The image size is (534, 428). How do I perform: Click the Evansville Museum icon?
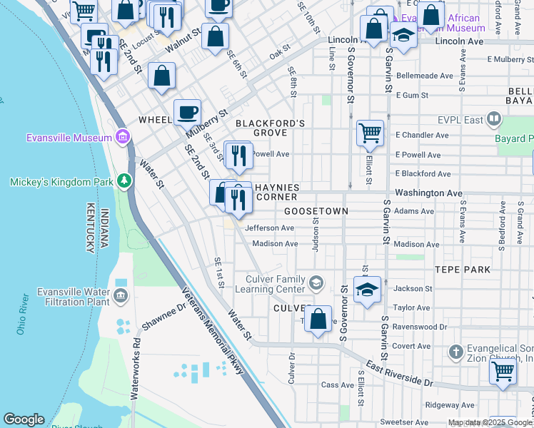122,137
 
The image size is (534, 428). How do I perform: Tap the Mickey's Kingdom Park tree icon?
125,181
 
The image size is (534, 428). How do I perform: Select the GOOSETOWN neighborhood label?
316,212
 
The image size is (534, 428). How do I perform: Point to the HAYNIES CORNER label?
276,193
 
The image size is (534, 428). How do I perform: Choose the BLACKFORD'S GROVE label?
271,128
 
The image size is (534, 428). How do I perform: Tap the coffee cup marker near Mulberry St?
187,111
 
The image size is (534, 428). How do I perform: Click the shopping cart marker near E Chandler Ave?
370,132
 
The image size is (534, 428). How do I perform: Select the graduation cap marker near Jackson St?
367,289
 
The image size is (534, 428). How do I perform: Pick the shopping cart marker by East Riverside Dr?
503,371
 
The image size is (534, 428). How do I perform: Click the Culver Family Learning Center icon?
315,284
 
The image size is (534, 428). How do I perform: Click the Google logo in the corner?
24,419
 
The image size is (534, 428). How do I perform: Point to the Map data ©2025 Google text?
482,422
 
